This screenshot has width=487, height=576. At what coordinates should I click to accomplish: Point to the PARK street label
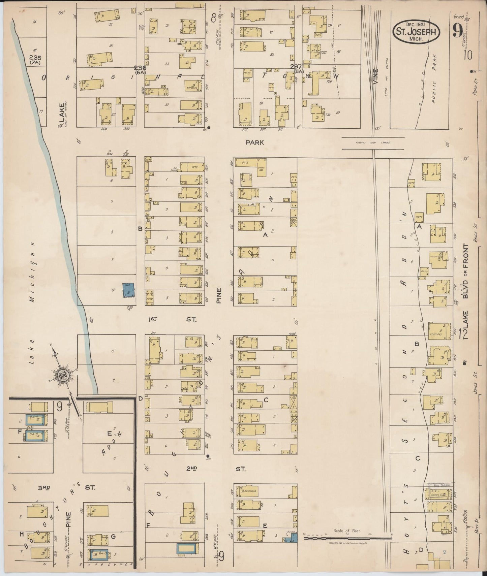click(254, 142)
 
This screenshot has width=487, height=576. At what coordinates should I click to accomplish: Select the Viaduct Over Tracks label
click(372, 143)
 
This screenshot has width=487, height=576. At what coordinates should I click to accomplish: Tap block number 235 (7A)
click(35, 60)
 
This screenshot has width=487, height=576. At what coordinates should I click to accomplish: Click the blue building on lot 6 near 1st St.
click(128, 290)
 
